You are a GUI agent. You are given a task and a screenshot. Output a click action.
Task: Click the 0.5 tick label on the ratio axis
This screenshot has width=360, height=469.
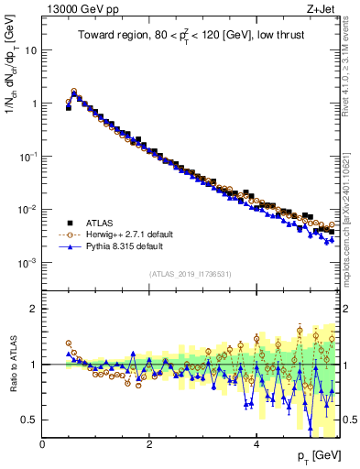[x=30, y=420]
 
